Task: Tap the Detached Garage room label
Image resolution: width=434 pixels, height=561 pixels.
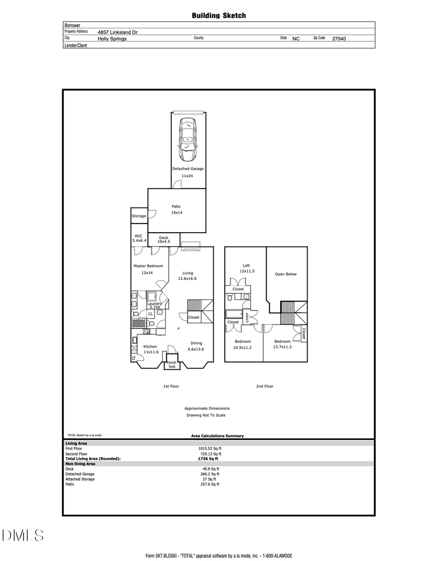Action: (188, 169)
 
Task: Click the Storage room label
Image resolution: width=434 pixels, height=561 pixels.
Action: (139, 216)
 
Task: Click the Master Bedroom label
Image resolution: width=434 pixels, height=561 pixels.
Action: (148, 266)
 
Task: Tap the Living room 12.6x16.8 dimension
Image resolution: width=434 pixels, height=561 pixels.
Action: (188, 278)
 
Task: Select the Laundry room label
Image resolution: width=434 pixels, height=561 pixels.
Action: (154, 304)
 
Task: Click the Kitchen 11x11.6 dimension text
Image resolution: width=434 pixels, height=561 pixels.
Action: (151, 352)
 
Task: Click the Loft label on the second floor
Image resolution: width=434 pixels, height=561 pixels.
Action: (246, 266)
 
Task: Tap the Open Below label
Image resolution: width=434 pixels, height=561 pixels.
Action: (286, 274)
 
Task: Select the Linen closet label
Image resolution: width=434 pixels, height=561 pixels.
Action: (247, 317)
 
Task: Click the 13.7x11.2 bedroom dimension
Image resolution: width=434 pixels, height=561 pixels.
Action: (283, 347)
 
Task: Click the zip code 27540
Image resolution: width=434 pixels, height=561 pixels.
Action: (339, 39)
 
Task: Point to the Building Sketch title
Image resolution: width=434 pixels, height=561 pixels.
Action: (219, 16)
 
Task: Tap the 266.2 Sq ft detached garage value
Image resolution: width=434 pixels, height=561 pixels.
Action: (211, 474)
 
